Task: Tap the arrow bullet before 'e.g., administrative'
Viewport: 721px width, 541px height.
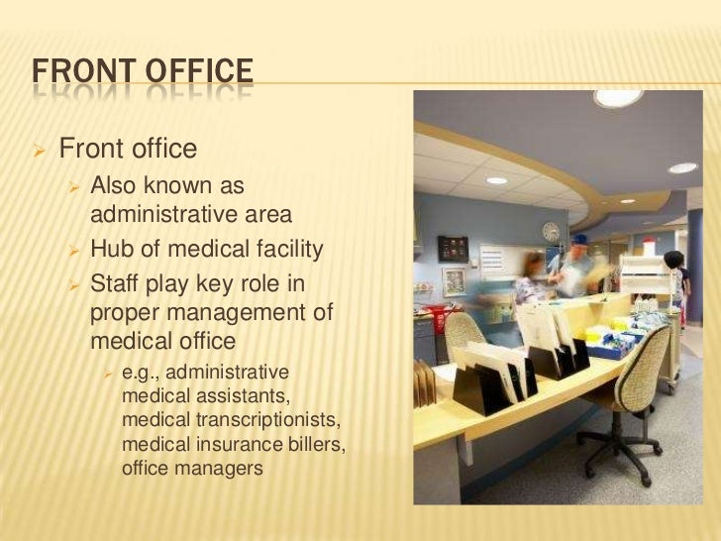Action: pos(110,373)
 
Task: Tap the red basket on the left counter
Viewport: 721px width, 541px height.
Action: pos(440,320)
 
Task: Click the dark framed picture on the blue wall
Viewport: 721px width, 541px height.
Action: pos(453,248)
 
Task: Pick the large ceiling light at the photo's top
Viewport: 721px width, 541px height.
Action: pos(618,98)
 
